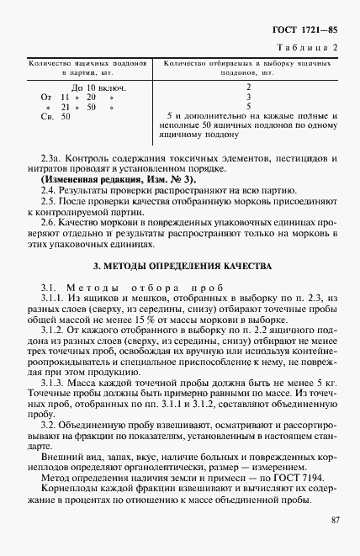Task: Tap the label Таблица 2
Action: click(311, 47)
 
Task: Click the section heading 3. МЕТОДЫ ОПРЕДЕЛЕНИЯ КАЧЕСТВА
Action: click(182, 266)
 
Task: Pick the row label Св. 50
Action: click(56, 116)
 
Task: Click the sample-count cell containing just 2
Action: click(249, 87)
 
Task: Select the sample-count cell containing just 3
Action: click(249, 97)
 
